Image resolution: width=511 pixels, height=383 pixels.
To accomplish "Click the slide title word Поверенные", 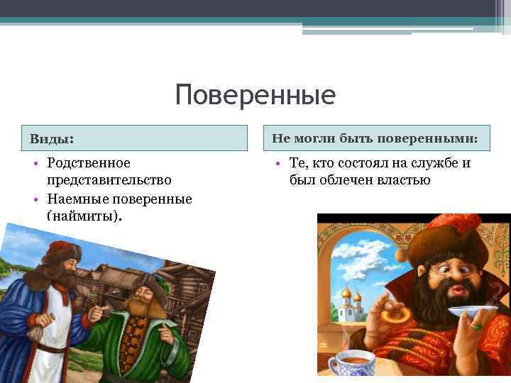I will tap(255, 94).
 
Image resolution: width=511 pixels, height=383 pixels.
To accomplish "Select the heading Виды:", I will tap(51, 138).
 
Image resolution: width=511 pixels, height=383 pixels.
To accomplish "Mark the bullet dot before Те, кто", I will tap(279, 165).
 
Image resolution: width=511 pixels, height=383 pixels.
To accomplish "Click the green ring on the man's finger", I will tap(478, 327).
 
